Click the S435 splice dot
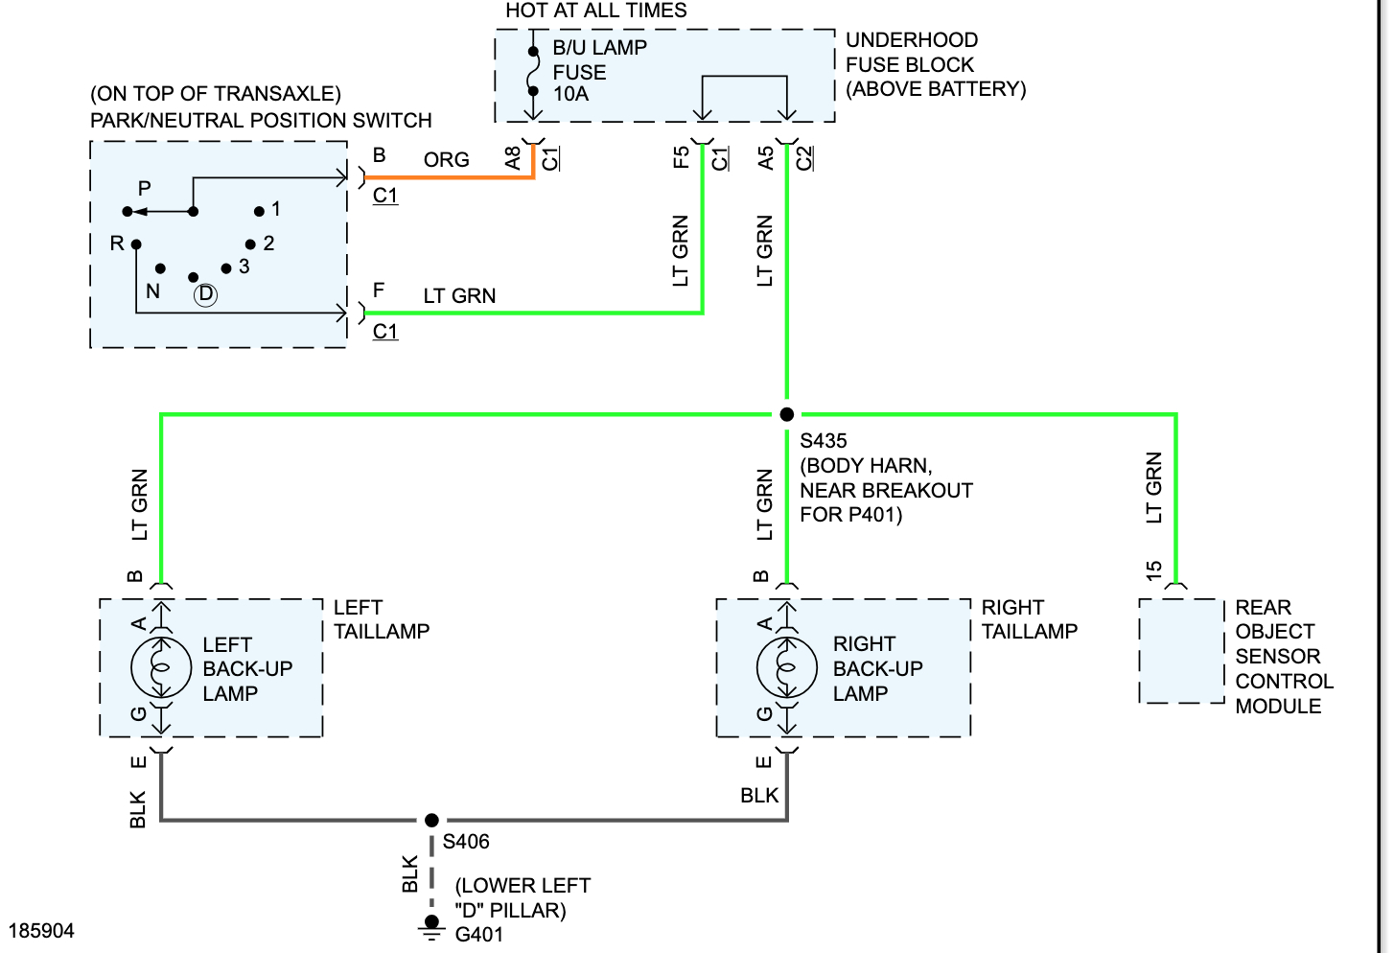coord(786,414)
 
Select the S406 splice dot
coord(431,820)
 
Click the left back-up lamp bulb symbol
coord(161,668)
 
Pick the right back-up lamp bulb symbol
coord(786,668)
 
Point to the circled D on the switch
coord(205,293)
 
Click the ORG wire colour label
coord(446,160)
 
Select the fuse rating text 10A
coord(570,94)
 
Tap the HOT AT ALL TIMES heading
coord(596,10)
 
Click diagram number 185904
coord(41,931)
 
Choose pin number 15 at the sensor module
coord(1153,570)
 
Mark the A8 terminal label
coord(512,158)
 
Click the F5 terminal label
coord(682,157)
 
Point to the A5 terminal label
coord(765,158)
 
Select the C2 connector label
coord(804,158)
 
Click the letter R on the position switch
coord(117,243)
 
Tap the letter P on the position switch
coord(145,188)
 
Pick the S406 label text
coord(466,842)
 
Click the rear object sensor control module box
coord(1181,651)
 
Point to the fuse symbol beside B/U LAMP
coord(533,72)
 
